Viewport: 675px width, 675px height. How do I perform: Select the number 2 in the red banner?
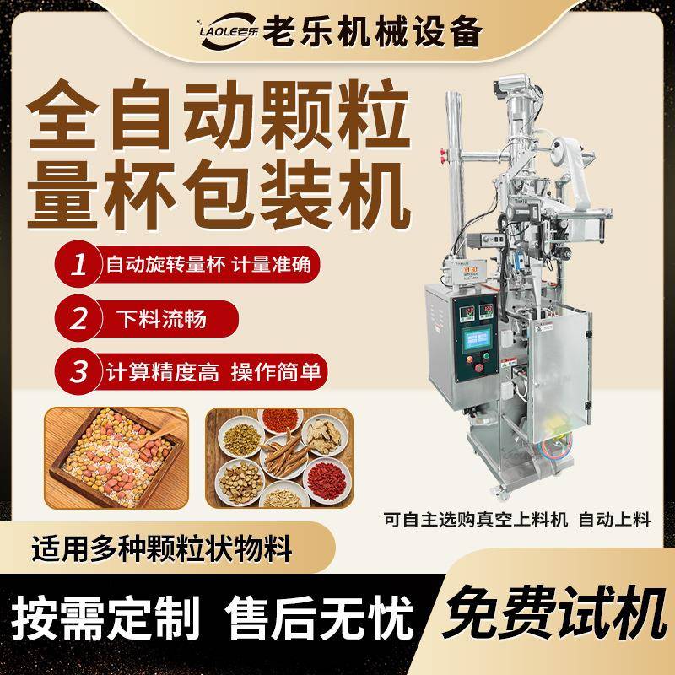[79, 319]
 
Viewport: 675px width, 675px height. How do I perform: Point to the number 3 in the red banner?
[79, 370]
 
